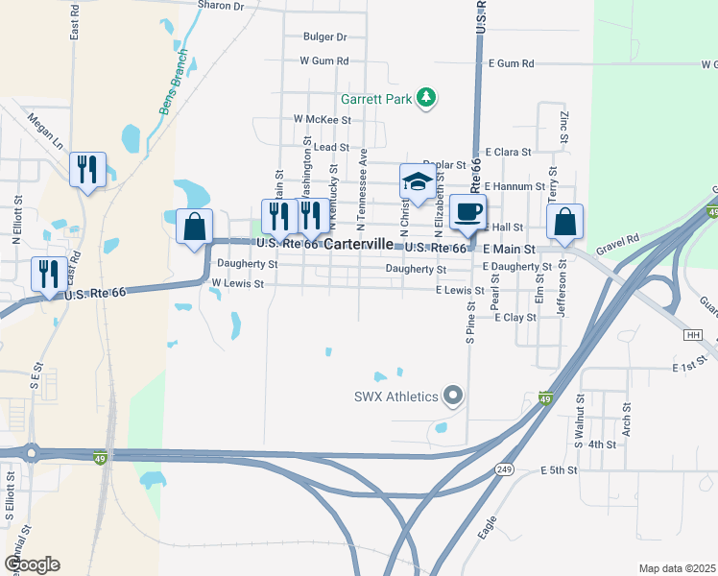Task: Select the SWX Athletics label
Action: (396, 396)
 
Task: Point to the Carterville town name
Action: (360, 246)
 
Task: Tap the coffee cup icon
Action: (467, 211)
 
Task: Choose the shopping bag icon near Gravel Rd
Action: (565, 222)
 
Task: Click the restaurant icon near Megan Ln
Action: (87, 170)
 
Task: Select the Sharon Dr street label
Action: (222, 6)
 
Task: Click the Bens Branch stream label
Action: (177, 92)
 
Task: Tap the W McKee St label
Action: (323, 121)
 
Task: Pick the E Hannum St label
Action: (515, 186)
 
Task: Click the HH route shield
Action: (693, 335)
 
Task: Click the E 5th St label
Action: (560, 470)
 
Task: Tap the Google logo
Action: (32, 564)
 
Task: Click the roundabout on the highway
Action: (31, 451)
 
